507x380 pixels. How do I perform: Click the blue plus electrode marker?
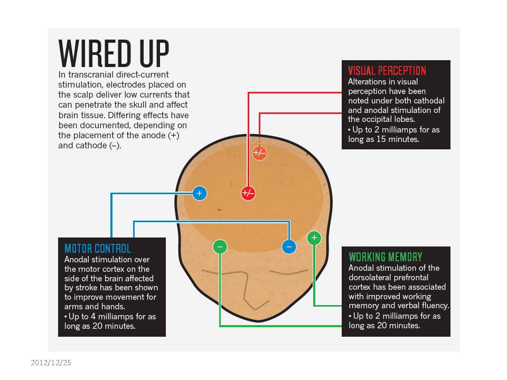[199, 194]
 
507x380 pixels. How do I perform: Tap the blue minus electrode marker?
[288, 246]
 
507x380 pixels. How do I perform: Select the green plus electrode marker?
[314, 237]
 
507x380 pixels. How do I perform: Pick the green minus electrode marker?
[220, 246]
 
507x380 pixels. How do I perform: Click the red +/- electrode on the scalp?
[248, 193]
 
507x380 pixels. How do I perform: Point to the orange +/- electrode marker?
[259, 153]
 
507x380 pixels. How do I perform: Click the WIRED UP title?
[114, 53]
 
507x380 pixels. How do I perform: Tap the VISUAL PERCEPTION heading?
[387, 71]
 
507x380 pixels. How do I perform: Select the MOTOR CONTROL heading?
[97, 249]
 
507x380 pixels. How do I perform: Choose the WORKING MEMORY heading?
[386, 257]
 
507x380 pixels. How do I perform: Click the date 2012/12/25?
[50, 363]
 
